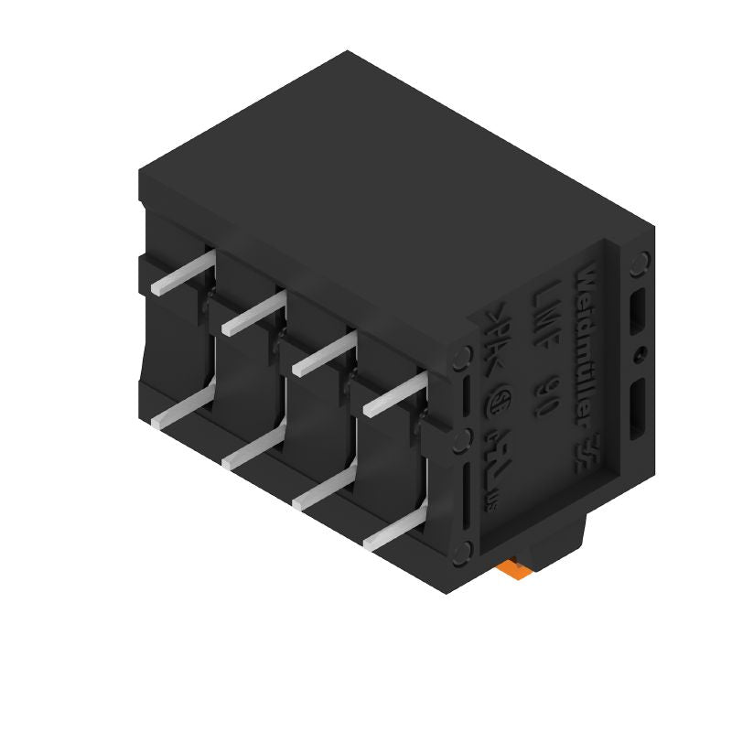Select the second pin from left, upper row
(252, 312)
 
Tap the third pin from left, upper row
(324, 352)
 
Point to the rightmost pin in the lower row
(396, 530)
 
